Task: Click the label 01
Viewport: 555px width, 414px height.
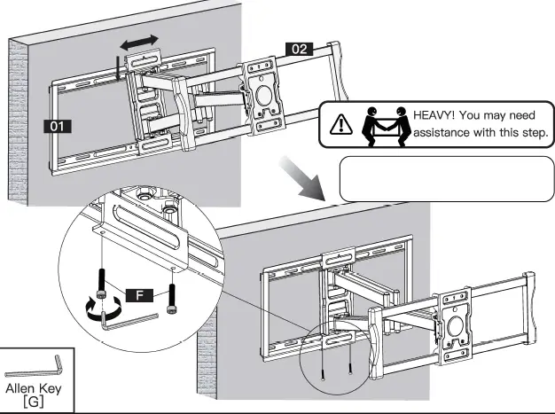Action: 59,127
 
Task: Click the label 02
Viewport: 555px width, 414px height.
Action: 298,50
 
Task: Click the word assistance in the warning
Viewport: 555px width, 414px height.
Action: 448,135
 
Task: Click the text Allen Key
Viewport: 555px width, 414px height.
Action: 35,388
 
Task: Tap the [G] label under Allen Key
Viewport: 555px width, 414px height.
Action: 35,403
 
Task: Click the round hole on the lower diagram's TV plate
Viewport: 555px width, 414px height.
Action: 457,324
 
